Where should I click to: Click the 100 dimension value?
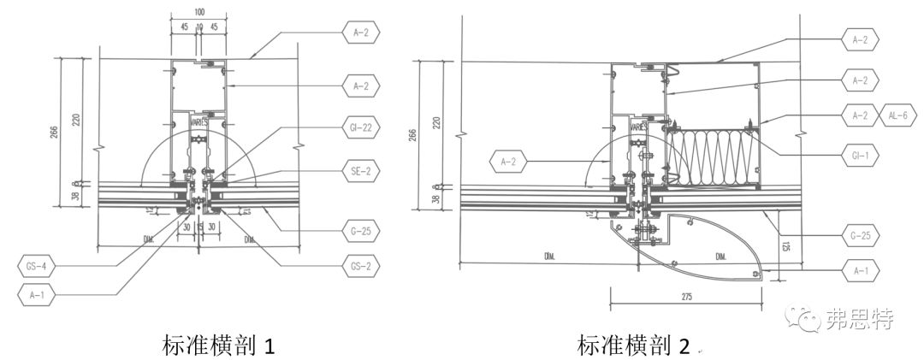199,12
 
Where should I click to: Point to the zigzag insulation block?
712,156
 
